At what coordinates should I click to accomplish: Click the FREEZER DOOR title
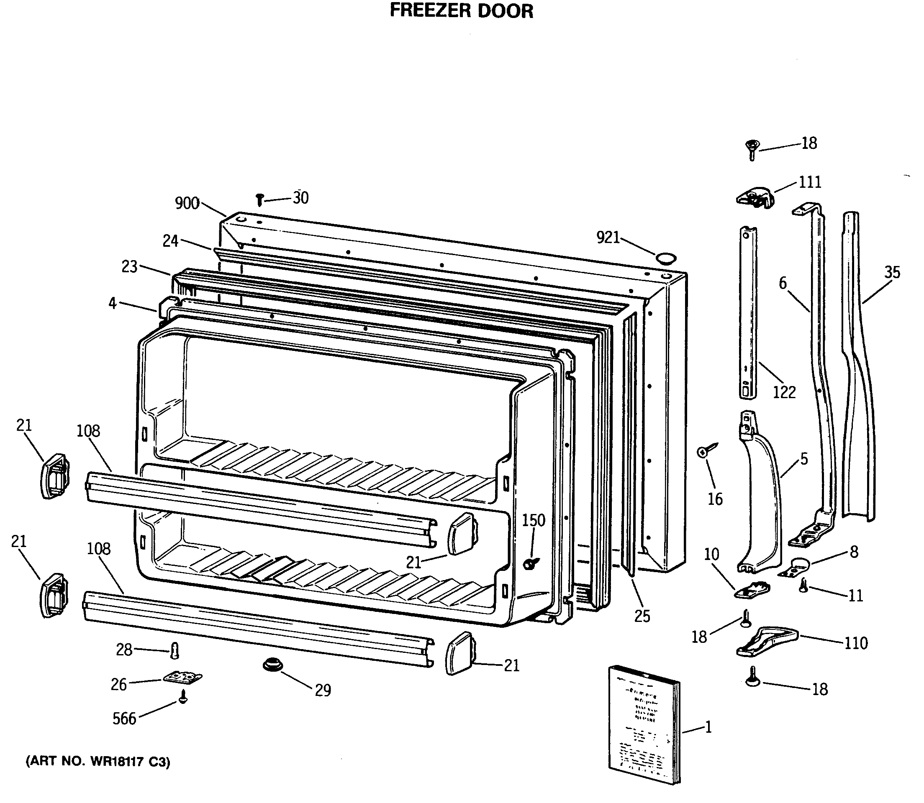point(461,11)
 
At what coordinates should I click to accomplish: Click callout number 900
point(187,203)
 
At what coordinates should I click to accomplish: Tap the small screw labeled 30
point(259,200)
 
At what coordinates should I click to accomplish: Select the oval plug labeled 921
point(665,258)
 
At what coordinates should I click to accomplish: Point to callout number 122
point(784,392)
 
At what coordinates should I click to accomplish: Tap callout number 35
point(892,272)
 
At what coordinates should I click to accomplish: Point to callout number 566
point(124,719)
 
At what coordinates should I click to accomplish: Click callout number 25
point(642,616)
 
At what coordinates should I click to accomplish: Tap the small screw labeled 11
point(804,585)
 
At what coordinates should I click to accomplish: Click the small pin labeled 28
point(175,650)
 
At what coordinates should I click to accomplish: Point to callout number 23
point(130,267)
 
